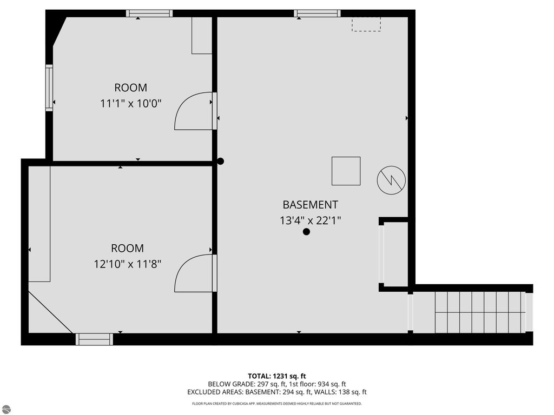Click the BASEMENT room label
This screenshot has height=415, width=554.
pyautogui.click(x=310, y=205)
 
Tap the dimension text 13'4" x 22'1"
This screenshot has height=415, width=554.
pyautogui.click(x=310, y=220)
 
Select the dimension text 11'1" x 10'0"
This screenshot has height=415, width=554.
pyautogui.click(x=130, y=103)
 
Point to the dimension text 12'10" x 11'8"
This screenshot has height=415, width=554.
pyautogui.click(x=127, y=264)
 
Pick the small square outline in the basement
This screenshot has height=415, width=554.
pyautogui.click(x=346, y=171)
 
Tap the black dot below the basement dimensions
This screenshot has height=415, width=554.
pyautogui.click(x=306, y=232)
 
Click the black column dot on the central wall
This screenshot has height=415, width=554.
pyautogui.click(x=220, y=161)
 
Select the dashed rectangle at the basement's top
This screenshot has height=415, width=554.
pyautogui.click(x=366, y=24)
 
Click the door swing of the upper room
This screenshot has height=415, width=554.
pyautogui.click(x=194, y=112)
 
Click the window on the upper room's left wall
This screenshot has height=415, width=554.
pyautogui.click(x=49, y=88)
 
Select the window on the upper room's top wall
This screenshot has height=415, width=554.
pyautogui.click(x=149, y=14)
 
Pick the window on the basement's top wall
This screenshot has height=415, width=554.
pyautogui.click(x=318, y=14)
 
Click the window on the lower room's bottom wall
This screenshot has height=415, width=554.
pyautogui.click(x=94, y=339)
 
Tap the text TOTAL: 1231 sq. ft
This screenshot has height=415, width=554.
pyautogui.click(x=276, y=376)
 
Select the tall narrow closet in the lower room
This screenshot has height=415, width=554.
pyautogui.click(x=39, y=224)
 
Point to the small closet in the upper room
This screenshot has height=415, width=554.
pyautogui.click(x=201, y=35)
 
